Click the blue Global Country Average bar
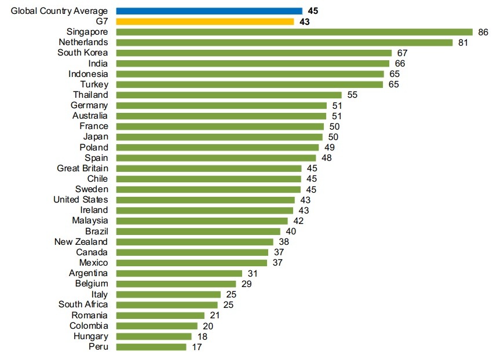[209, 11]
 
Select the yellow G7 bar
[205, 21]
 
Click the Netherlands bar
[284, 42]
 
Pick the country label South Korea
[82, 53]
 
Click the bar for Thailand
[229, 95]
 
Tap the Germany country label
[89, 105]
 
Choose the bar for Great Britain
[209, 168]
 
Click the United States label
[81, 200]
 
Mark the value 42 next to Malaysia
[298, 221]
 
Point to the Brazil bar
[198, 232]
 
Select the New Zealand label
[81, 241]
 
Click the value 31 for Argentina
[253, 273]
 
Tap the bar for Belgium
[176, 284]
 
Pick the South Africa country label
[83, 304]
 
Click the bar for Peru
[151, 347]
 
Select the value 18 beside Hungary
[202, 336]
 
